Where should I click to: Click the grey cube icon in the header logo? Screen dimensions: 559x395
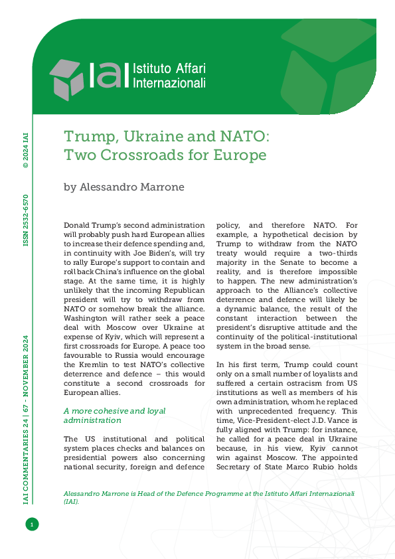coord(67,79)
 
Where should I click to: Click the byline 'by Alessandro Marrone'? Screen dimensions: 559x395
coord(123,187)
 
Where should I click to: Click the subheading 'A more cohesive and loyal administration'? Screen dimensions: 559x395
coord(105,415)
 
